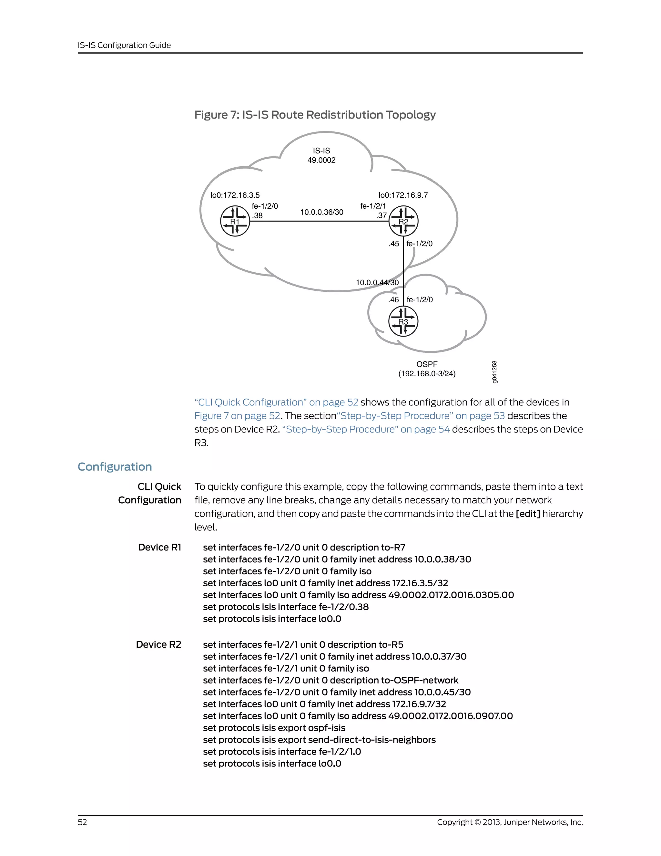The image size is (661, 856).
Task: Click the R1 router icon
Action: coord(235,222)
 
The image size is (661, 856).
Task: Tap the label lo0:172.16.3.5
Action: coord(235,195)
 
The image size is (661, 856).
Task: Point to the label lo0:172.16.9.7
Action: coord(403,195)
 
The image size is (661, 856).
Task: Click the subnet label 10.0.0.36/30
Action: coord(321,212)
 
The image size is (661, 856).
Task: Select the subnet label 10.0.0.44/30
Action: coord(377,282)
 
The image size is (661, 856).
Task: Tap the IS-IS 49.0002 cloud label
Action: coord(321,155)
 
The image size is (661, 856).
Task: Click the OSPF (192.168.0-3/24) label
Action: coord(427,369)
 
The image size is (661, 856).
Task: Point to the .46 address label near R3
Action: coord(393,300)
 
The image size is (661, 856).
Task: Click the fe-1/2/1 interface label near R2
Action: coord(373,206)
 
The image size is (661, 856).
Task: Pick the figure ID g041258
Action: coord(494,371)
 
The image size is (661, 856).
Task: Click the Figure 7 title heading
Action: coord(315,115)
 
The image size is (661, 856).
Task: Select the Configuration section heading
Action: coord(115,466)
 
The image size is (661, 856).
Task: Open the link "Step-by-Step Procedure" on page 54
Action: coord(366,429)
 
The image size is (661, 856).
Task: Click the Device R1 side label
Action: coord(159,547)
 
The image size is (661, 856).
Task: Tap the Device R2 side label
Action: coord(158,644)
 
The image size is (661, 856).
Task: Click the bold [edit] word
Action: coord(528,514)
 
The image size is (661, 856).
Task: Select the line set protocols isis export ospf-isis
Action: coord(274,728)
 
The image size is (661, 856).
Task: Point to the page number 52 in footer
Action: coord(82,822)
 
